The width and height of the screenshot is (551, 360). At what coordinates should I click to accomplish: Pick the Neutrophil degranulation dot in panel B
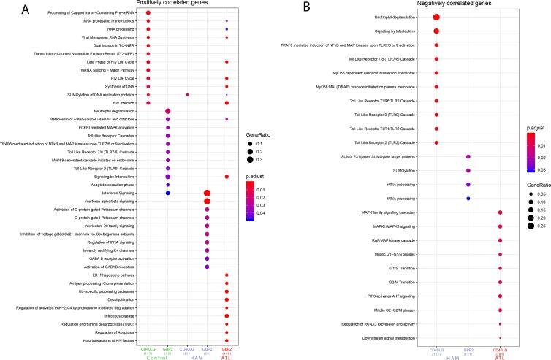(x=436, y=18)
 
